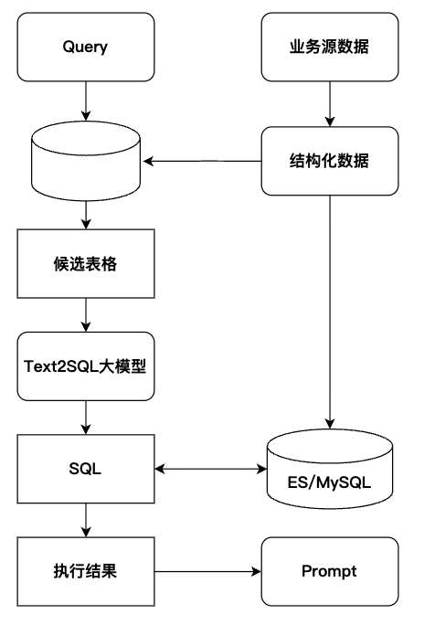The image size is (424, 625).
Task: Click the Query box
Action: [x=86, y=47]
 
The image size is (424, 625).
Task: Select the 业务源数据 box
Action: [x=330, y=47]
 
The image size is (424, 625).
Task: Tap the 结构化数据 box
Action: [x=330, y=161]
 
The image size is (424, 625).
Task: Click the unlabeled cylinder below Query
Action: [x=86, y=161]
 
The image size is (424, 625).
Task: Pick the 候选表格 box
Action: [x=86, y=263]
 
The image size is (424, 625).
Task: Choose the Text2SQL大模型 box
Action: [x=86, y=366]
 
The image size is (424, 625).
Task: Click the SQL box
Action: [x=86, y=469]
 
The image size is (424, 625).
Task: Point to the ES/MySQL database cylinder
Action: [x=330, y=469]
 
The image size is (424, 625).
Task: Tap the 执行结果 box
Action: [x=86, y=572]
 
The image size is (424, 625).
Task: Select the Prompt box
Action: [x=330, y=572]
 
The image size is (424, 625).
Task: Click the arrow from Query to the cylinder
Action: [x=86, y=101]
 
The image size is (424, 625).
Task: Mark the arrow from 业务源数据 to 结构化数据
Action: [x=330, y=104]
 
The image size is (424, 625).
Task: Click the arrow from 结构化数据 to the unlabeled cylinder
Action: [x=202, y=161]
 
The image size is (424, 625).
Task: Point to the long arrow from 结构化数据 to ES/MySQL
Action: [x=330, y=312]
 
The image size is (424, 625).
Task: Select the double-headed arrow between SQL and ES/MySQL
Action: [x=210, y=469]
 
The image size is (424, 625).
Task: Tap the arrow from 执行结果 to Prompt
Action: [x=207, y=572]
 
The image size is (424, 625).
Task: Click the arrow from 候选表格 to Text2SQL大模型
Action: [x=86, y=315]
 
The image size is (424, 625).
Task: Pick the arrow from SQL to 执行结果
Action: [x=86, y=520]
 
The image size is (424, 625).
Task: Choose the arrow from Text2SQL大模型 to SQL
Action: [x=86, y=418]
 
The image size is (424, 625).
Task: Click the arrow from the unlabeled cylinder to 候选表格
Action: [x=86, y=215]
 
